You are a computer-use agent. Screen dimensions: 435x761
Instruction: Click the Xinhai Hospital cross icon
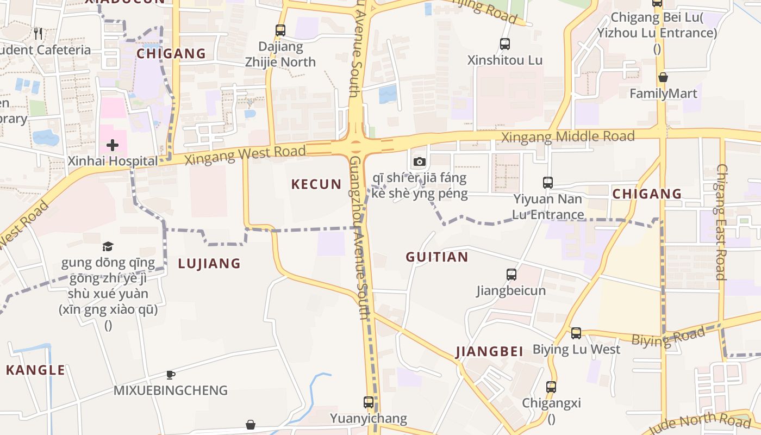[x=113, y=145]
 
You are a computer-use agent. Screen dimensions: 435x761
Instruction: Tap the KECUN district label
[x=316, y=184]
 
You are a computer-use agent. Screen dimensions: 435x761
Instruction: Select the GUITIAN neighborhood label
[x=437, y=257]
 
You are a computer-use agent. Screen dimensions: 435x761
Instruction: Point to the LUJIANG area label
[x=209, y=264]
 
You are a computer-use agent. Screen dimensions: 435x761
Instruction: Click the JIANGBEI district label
[x=490, y=351]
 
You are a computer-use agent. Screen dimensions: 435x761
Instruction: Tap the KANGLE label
[x=35, y=370]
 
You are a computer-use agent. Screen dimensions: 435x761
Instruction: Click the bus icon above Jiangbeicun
[x=512, y=275]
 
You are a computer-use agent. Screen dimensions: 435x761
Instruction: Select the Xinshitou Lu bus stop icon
[x=505, y=44]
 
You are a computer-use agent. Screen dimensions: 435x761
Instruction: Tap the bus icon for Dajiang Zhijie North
[x=280, y=30]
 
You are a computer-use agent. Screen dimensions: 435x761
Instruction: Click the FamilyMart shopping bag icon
[x=663, y=77]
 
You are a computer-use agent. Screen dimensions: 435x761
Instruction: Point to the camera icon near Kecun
[x=419, y=161]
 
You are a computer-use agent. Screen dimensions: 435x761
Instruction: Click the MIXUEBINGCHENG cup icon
[x=170, y=375]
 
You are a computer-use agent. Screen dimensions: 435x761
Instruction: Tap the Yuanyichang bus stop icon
[x=369, y=402]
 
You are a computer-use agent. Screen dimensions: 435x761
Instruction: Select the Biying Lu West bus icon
[x=576, y=333]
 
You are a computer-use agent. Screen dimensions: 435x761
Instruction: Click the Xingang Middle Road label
[x=567, y=136]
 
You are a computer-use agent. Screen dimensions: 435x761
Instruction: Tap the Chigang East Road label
[x=721, y=222]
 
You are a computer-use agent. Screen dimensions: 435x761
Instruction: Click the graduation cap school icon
[x=108, y=247]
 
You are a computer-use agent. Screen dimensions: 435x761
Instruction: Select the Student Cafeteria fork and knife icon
[x=38, y=34]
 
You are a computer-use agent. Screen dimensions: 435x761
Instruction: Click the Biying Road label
[x=668, y=337]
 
